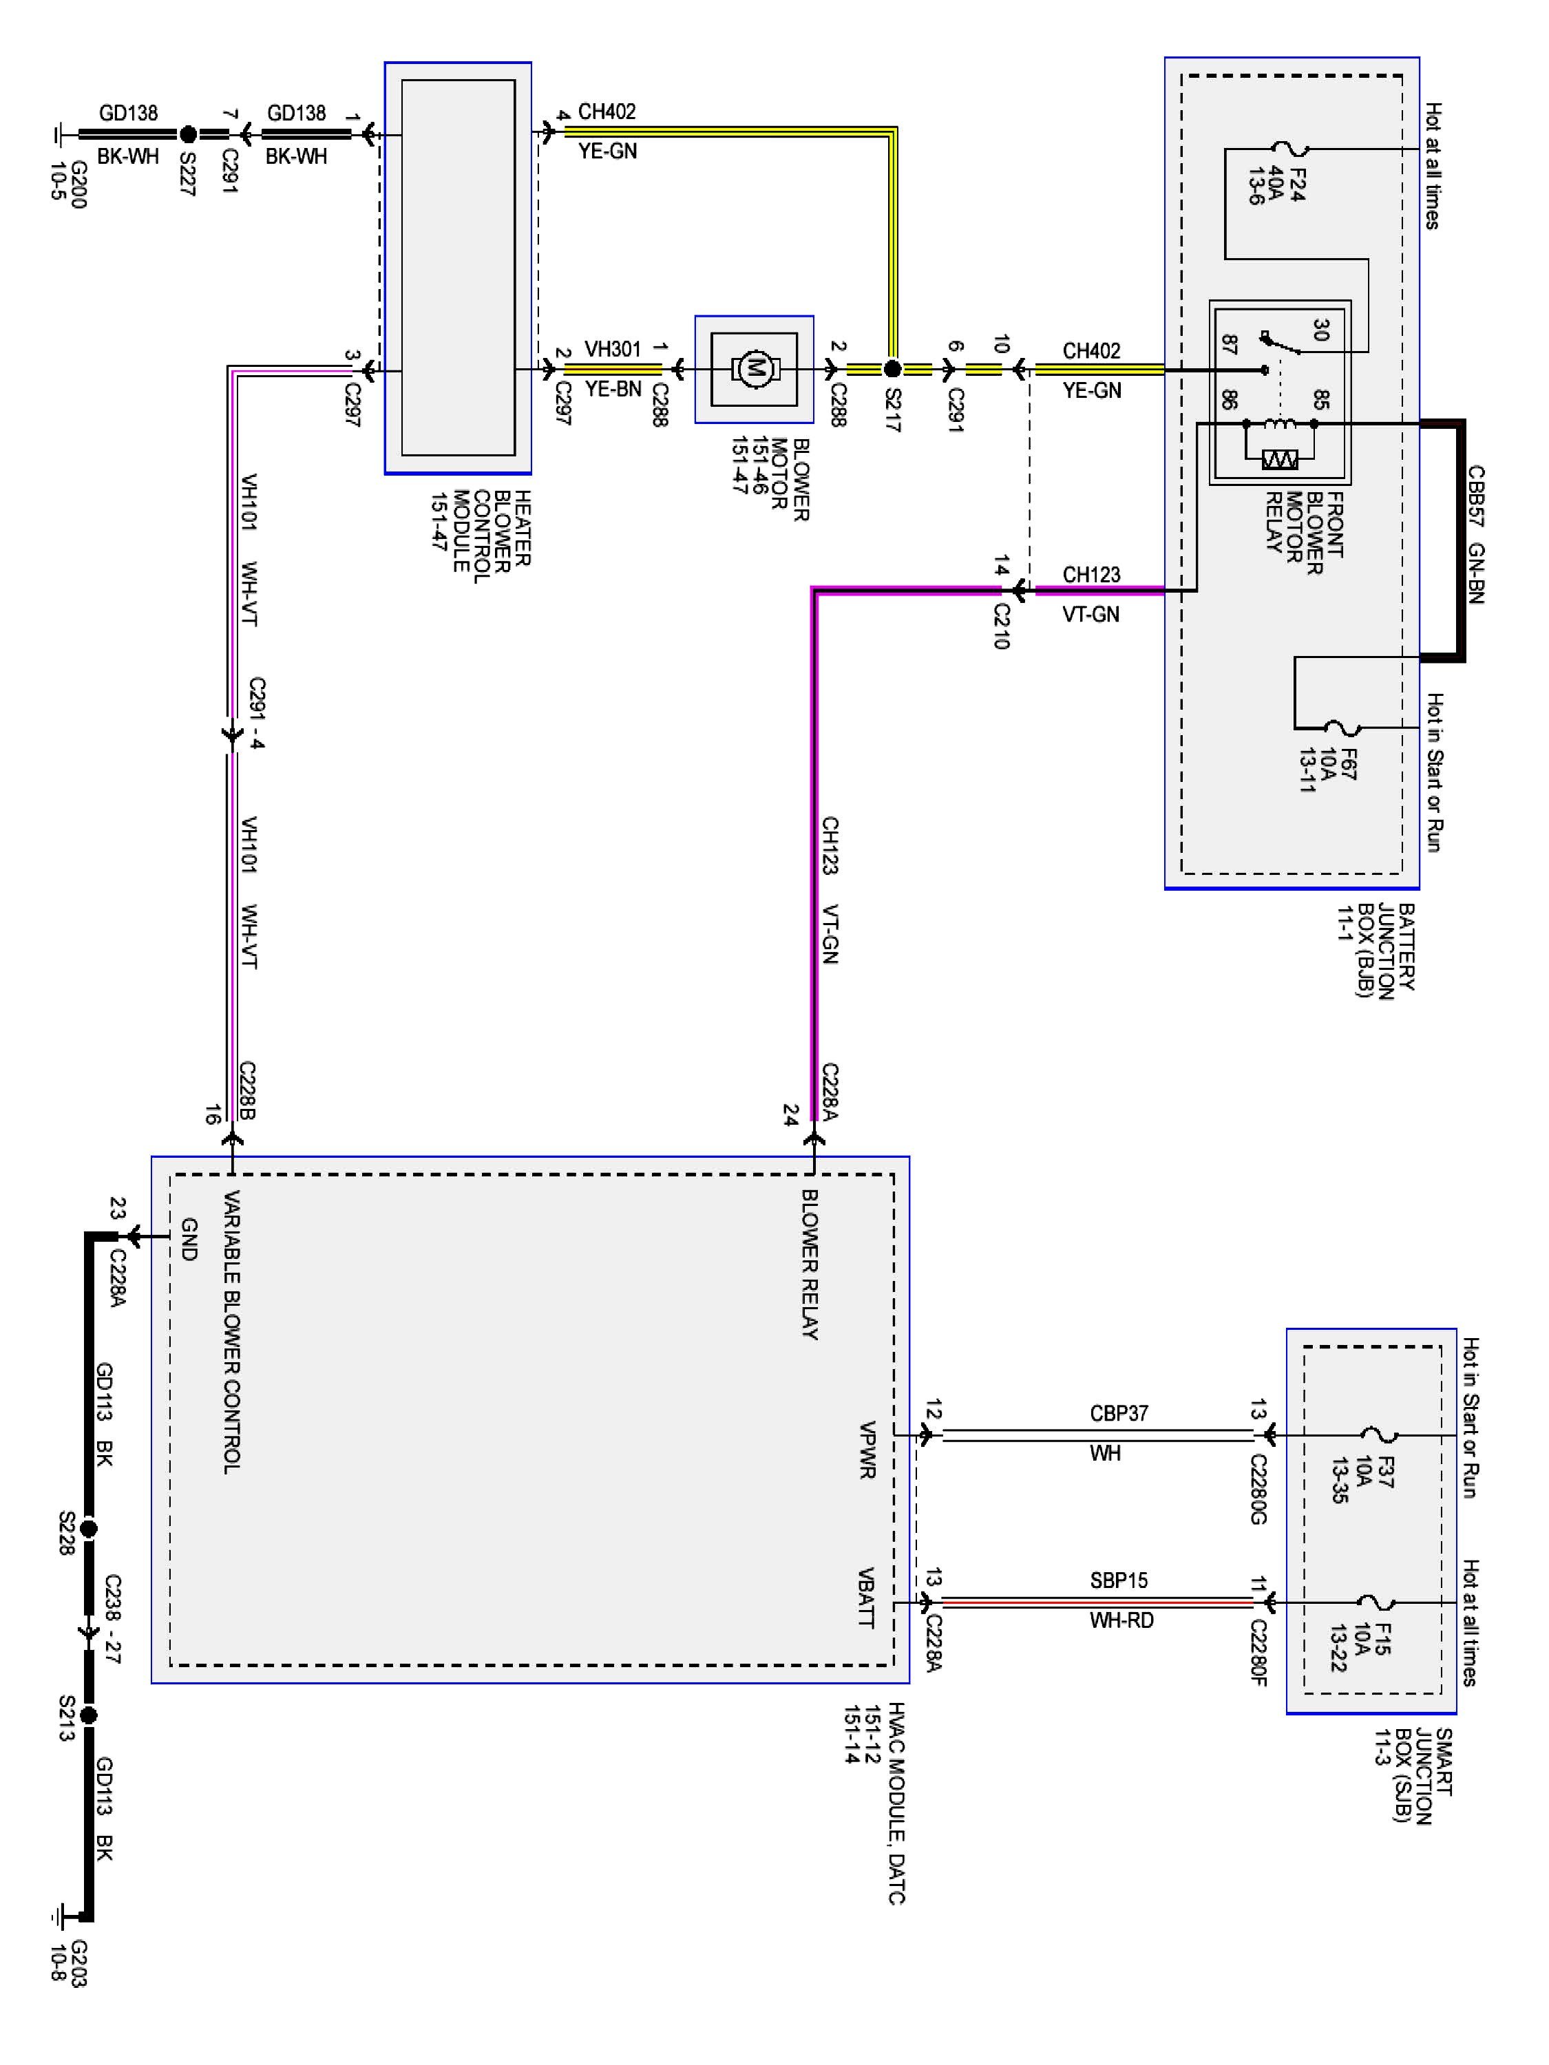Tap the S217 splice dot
click(x=893, y=369)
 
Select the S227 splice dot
click(x=188, y=134)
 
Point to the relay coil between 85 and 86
click(x=1280, y=424)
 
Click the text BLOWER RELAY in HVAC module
click(x=810, y=1265)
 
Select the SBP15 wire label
click(x=1119, y=1580)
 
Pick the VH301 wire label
click(x=613, y=349)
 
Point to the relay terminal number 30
click(x=1320, y=330)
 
